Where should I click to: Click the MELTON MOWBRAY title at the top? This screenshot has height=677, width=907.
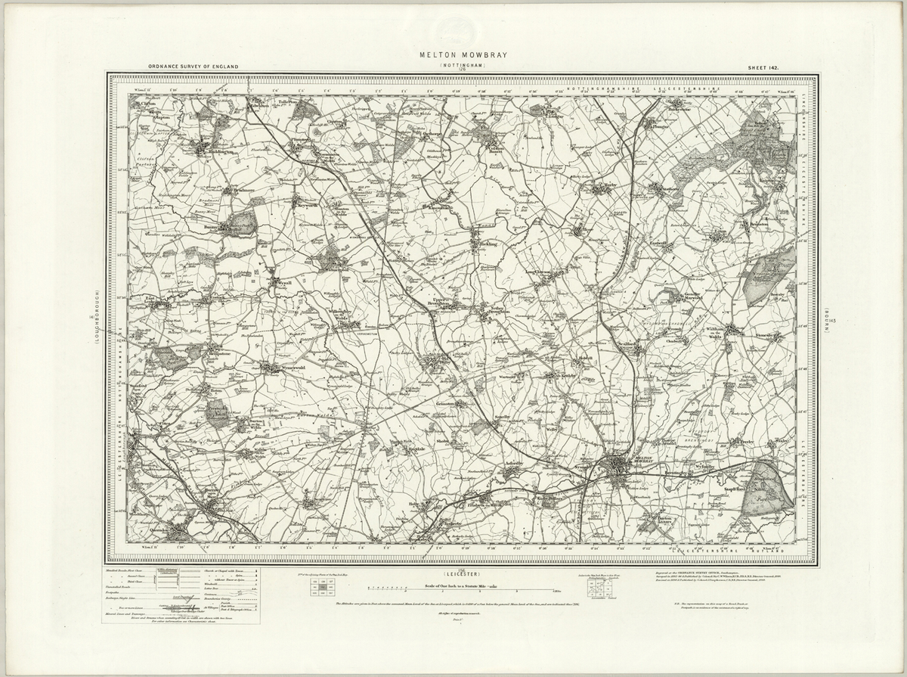(x=453, y=56)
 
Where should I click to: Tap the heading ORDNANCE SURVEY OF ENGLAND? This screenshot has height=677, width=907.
(x=193, y=67)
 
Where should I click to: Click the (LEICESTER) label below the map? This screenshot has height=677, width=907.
(x=453, y=573)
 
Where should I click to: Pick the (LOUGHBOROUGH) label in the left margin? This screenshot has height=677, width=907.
(x=98, y=318)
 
